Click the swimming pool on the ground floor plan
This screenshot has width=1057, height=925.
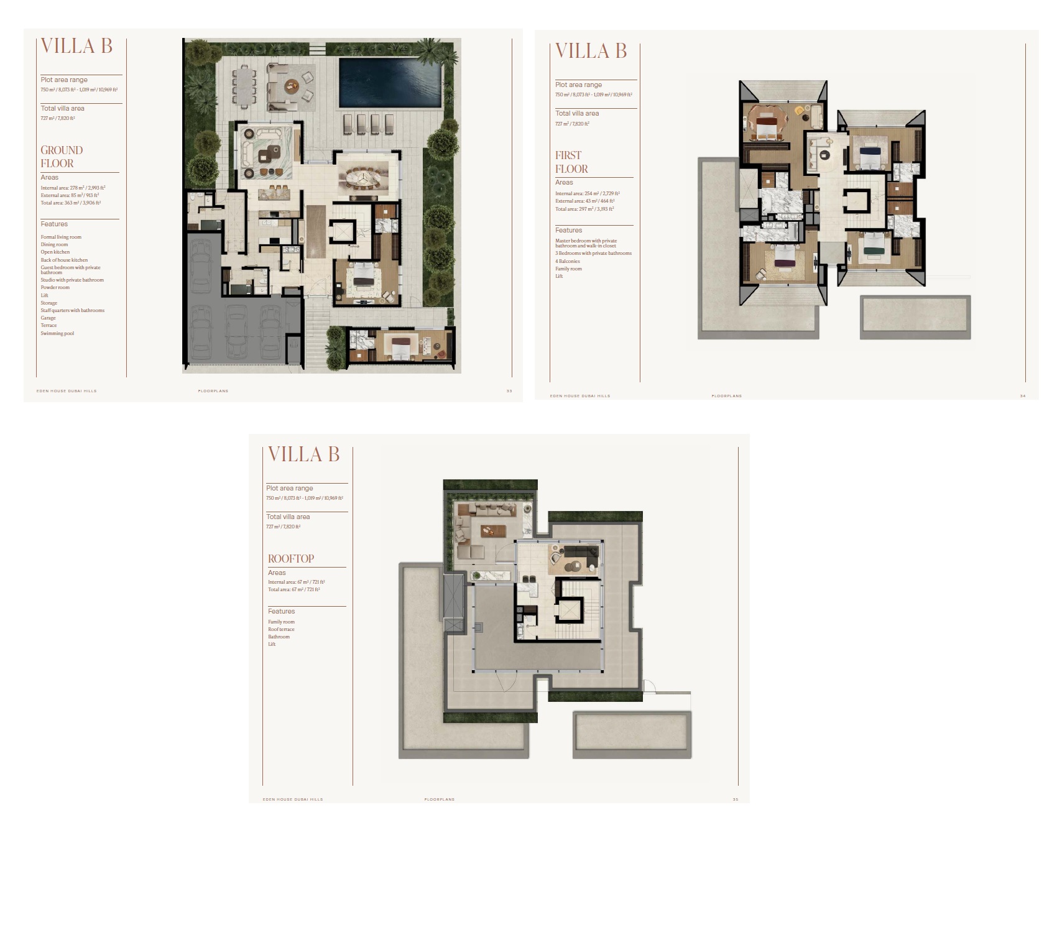(x=390, y=82)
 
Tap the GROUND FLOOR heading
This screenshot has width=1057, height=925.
(x=61, y=157)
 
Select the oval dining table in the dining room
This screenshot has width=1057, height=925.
(x=364, y=176)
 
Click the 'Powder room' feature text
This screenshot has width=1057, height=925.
(x=55, y=288)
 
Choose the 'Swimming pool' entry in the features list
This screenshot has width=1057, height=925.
(x=57, y=334)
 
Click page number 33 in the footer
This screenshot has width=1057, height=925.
(x=509, y=391)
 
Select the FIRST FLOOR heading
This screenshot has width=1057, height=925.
(x=571, y=162)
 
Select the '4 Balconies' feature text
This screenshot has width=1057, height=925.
(x=567, y=261)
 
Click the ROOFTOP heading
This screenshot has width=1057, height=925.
(x=290, y=559)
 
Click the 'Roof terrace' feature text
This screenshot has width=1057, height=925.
(x=281, y=629)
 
